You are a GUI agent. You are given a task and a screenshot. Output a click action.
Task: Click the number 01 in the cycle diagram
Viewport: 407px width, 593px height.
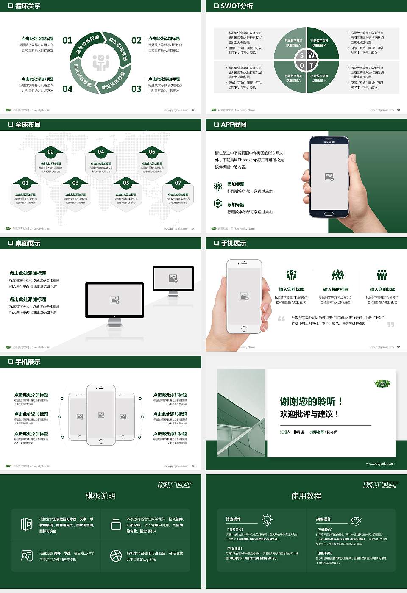coord(67,40)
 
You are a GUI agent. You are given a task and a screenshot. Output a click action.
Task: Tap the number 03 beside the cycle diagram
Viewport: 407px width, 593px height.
coord(136,89)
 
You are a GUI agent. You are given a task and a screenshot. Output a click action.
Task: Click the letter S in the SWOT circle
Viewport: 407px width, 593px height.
coord(301,55)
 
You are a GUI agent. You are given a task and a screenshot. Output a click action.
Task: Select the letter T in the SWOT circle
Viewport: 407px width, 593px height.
coord(311,65)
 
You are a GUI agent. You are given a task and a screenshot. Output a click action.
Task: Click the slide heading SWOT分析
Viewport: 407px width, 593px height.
coord(237,6)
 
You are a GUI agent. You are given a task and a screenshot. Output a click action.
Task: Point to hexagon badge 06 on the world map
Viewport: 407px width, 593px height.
coord(152,152)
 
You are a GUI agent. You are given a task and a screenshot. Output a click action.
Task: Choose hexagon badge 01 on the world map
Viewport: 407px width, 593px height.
coord(25,183)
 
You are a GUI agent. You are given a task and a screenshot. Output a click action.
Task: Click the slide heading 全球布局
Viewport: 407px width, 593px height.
coord(28,125)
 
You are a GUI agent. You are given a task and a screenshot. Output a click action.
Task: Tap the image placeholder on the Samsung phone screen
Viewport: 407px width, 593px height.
coord(329,177)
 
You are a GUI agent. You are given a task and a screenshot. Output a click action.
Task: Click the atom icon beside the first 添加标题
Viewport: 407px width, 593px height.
coord(218,186)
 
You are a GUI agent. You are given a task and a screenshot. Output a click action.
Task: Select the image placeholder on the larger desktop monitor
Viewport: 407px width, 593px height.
coord(114,299)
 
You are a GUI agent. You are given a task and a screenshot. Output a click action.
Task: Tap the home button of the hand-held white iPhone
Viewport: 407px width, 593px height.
coord(244,329)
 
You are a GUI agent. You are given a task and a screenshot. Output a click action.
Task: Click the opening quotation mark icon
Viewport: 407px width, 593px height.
coord(282,319)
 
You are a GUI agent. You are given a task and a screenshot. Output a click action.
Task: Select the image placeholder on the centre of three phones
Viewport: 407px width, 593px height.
coord(101,415)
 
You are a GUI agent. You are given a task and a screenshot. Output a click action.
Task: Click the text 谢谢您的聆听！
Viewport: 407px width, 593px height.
coord(311,401)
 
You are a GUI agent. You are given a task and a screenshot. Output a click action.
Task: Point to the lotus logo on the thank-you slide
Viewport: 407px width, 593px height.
coord(382,383)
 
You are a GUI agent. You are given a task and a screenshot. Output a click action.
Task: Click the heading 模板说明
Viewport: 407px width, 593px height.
coord(100,496)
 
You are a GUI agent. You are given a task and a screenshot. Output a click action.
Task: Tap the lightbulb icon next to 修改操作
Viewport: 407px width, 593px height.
coord(267,520)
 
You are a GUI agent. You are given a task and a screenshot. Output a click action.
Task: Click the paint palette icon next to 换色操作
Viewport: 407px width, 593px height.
coord(356,521)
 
